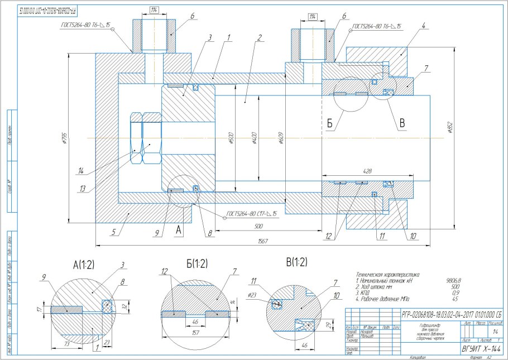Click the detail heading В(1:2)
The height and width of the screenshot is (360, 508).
point(295,261)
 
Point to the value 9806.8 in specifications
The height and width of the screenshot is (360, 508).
point(453,281)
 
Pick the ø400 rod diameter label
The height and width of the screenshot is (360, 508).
point(254,137)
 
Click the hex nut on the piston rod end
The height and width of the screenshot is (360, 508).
point(145,138)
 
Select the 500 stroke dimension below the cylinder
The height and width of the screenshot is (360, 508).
point(258,226)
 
